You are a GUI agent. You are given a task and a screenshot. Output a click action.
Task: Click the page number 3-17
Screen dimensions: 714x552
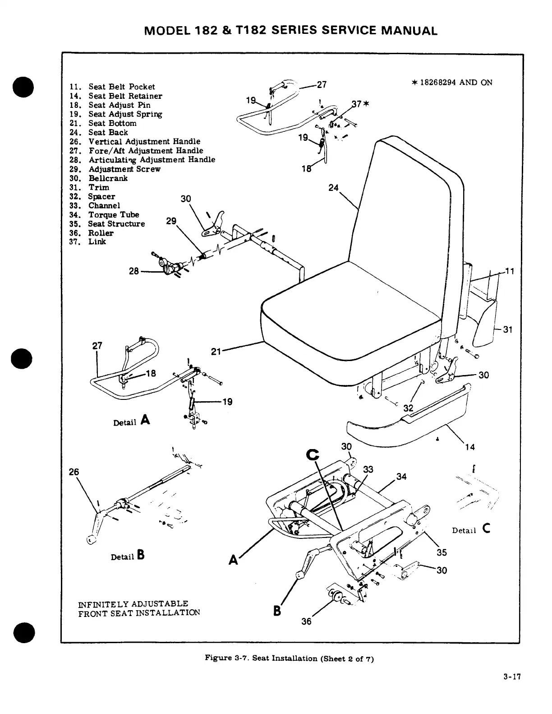[513, 677]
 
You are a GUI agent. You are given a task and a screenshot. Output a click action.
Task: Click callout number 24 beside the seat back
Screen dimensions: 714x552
[333, 188]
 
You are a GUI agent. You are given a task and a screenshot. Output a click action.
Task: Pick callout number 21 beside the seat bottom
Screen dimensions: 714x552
[216, 351]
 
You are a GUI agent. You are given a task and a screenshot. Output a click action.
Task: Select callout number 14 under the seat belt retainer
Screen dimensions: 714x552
[470, 447]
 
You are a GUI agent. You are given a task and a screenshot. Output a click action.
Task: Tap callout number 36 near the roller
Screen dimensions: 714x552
[306, 621]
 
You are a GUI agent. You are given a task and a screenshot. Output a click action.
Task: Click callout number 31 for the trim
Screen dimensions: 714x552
[508, 329]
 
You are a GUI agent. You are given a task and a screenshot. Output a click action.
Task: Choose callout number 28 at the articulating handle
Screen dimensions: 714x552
[134, 271]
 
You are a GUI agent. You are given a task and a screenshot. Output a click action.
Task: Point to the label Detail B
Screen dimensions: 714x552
[128, 556]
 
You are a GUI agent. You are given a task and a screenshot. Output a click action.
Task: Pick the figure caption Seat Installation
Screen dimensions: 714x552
[289, 658]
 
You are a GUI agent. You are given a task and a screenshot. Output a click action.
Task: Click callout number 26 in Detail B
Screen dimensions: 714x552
[74, 472]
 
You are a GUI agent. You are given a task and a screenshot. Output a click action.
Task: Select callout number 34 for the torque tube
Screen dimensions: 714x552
[401, 477]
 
